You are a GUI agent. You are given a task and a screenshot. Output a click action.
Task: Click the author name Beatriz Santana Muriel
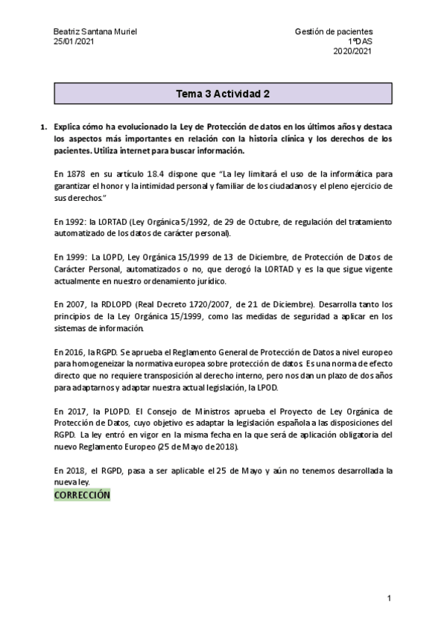point(95,31)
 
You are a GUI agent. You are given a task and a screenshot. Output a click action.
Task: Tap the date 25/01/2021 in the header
point(74,42)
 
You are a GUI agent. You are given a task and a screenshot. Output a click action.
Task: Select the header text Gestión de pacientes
point(334,31)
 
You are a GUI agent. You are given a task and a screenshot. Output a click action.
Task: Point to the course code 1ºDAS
point(361,42)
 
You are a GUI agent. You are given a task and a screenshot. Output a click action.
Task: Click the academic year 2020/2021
point(352,51)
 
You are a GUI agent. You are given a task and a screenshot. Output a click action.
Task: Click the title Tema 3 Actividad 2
point(223,95)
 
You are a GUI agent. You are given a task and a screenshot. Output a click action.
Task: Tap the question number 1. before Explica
point(44,127)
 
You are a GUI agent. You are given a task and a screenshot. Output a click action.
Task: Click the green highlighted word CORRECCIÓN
point(82,494)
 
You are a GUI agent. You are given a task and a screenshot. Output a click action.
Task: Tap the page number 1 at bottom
point(389,598)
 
